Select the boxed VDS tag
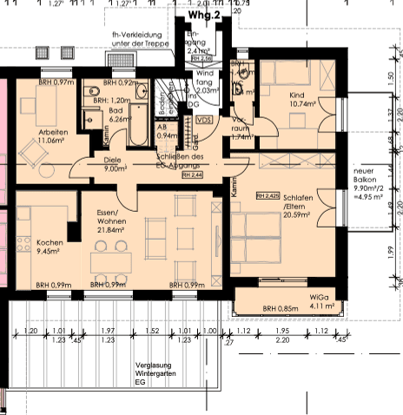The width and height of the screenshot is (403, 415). (x=205, y=120)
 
